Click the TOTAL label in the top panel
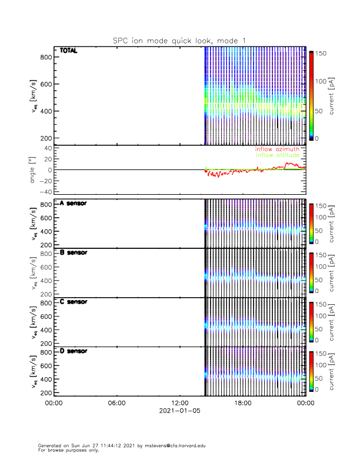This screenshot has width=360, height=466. (68, 51)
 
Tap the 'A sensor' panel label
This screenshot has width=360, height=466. (73, 204)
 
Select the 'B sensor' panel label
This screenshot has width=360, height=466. (73, 252)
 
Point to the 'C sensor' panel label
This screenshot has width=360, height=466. (73, 302)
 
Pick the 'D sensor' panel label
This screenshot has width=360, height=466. (73, 351)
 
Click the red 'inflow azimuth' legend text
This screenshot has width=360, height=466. (277, 149)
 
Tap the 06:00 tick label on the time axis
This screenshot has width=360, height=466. (116, 403)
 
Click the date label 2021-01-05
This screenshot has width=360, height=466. (179, 411)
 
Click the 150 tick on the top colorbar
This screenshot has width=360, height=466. (321, 53)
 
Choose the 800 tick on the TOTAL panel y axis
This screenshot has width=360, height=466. (45, 56)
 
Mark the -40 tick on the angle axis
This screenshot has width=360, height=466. (44, 192)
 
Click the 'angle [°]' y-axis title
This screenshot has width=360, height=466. (34, 170)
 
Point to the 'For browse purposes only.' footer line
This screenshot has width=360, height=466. (66, 450)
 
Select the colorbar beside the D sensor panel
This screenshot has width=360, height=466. (310, 371)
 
